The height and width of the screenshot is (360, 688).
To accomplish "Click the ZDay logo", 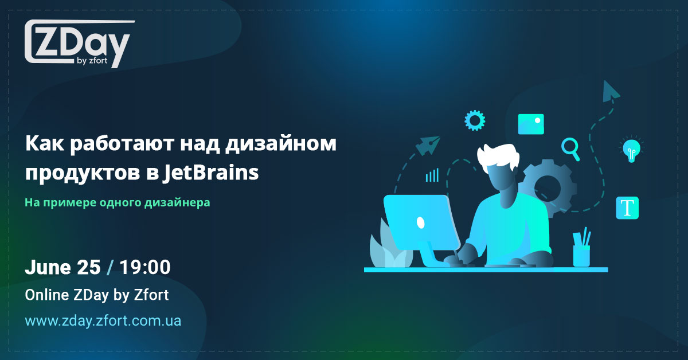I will click(77, 44).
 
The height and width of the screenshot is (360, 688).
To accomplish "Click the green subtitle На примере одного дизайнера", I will click(118, 202).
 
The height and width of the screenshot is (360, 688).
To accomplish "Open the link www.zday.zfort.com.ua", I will click(103, 320).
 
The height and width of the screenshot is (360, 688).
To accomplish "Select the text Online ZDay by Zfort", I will click(97, 295).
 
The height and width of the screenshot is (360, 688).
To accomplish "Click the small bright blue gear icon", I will click(475, 120).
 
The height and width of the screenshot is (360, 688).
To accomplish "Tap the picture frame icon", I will click(531, 124).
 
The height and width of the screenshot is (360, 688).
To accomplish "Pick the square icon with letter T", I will click(627, 208).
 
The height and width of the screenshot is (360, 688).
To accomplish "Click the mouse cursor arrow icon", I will click(611, 91).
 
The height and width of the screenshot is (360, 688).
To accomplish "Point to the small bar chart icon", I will click(432, 175).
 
